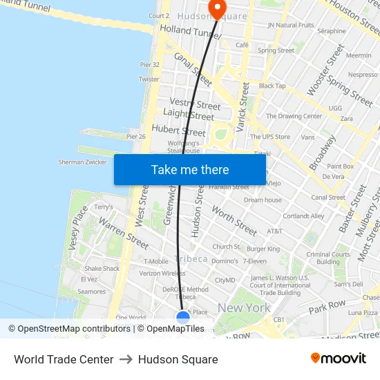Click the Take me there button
click(x=190, y=169)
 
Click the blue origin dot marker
click(x=183, y=317)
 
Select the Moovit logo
click(x=338, y=359)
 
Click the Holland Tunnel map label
click(x=189, y=30)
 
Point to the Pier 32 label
click(x=150, y=65)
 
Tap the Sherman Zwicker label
click(x=82, y=162)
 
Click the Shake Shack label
click(x=102, y=269)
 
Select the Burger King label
click(x=263, y=249)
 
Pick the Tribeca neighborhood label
click(x=191, y=259)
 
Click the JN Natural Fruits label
click(x=291, y=26)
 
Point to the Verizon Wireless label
click(x=163, y=274)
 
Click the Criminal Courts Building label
click(x=328, y=258)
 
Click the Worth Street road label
click(x=234, y=220)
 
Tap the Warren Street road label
click(x=124, y=233)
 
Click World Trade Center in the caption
click(x=64, y=359)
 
